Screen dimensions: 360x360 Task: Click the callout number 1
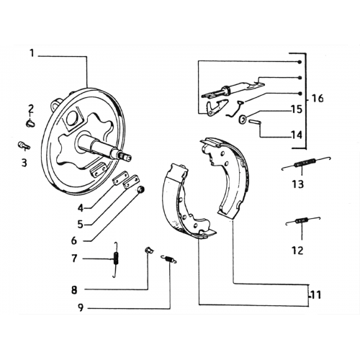[x=32, y=53]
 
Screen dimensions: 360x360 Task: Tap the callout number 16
[x=317, y=99]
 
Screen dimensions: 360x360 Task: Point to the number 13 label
[x=298, y=184]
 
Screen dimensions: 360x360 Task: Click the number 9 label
[x=81, y=307]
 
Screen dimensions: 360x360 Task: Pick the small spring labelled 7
[x=116, y=260]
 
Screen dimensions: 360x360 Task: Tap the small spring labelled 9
[x=168, y=259]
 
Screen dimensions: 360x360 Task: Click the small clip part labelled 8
[x=148, y=250]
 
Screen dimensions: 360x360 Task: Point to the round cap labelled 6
[x=140, y=189]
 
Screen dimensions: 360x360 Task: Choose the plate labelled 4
[x=120, y=178]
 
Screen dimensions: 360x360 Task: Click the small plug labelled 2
[x=30, y=124]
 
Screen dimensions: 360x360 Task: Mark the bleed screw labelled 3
[x=23, y=145]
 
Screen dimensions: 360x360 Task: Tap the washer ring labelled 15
[x=243, y=119]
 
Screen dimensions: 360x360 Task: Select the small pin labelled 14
[x=253, y=122]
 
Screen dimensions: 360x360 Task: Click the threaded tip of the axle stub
[x=126, y=156]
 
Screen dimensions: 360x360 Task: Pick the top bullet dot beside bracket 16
[x=300, y=62]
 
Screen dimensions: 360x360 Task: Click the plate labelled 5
[x=131, y=181]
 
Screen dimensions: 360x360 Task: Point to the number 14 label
[x=297, y=135]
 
